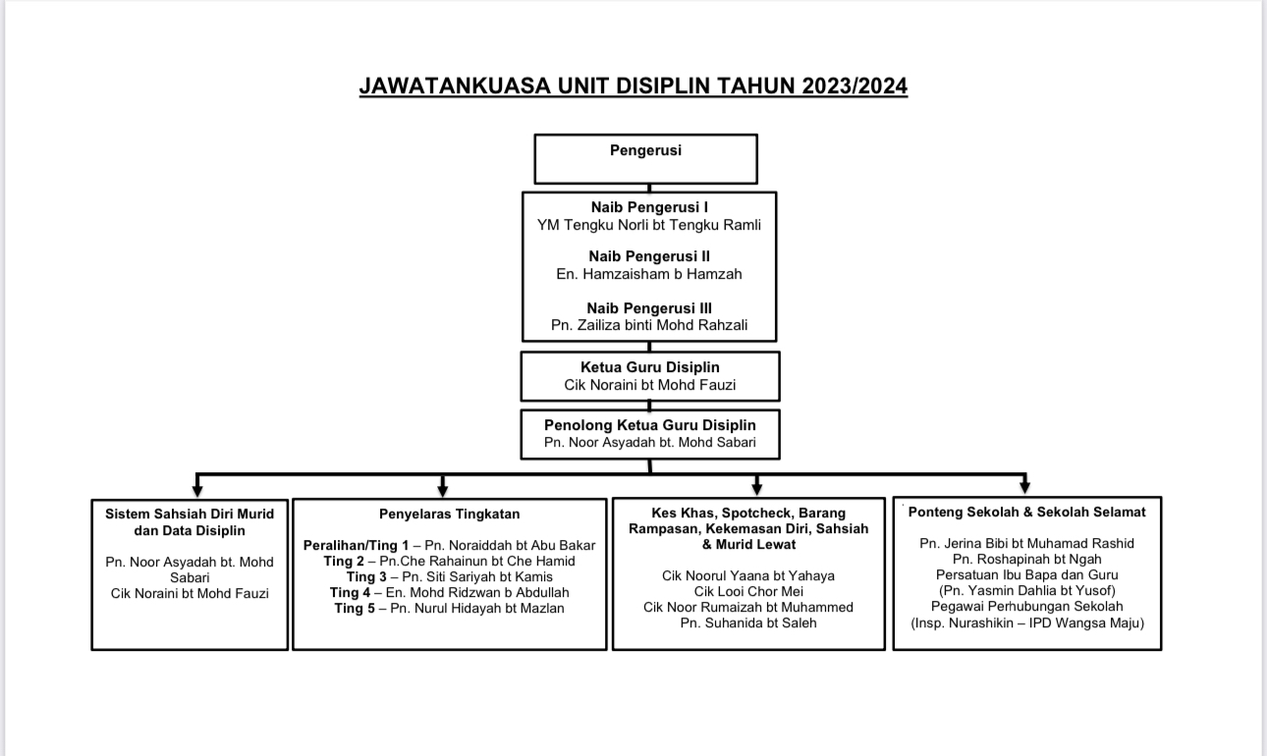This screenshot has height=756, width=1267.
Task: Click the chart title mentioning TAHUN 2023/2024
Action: [633, 86]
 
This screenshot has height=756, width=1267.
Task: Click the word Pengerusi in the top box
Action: [645, 150]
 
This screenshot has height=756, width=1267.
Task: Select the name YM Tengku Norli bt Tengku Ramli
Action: [649, 225]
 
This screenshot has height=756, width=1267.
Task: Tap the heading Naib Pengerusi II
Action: [649, 256]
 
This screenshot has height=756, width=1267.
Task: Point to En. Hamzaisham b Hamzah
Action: [649, 274]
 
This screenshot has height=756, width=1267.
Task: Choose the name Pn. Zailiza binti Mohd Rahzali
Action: [649, 325]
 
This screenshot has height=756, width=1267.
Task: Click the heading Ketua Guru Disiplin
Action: [649, 367]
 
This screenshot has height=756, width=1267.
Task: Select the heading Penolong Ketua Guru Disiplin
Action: [649, 425]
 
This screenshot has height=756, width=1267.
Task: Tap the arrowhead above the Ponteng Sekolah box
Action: [1024, 487]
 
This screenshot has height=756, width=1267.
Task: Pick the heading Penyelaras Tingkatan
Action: [449, 513]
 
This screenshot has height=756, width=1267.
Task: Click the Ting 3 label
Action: [366, 576]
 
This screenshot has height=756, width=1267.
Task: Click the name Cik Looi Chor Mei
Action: [748, 591]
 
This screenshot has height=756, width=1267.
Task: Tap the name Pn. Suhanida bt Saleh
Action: [748, 622]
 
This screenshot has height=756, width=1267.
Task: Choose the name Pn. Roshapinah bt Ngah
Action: [1026, 559]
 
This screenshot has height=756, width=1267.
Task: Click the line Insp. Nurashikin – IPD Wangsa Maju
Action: [1026, 622]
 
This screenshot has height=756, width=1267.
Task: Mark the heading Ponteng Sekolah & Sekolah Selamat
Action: [1026, 512]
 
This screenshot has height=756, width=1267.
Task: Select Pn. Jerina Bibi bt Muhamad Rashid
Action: [1026, 543]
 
